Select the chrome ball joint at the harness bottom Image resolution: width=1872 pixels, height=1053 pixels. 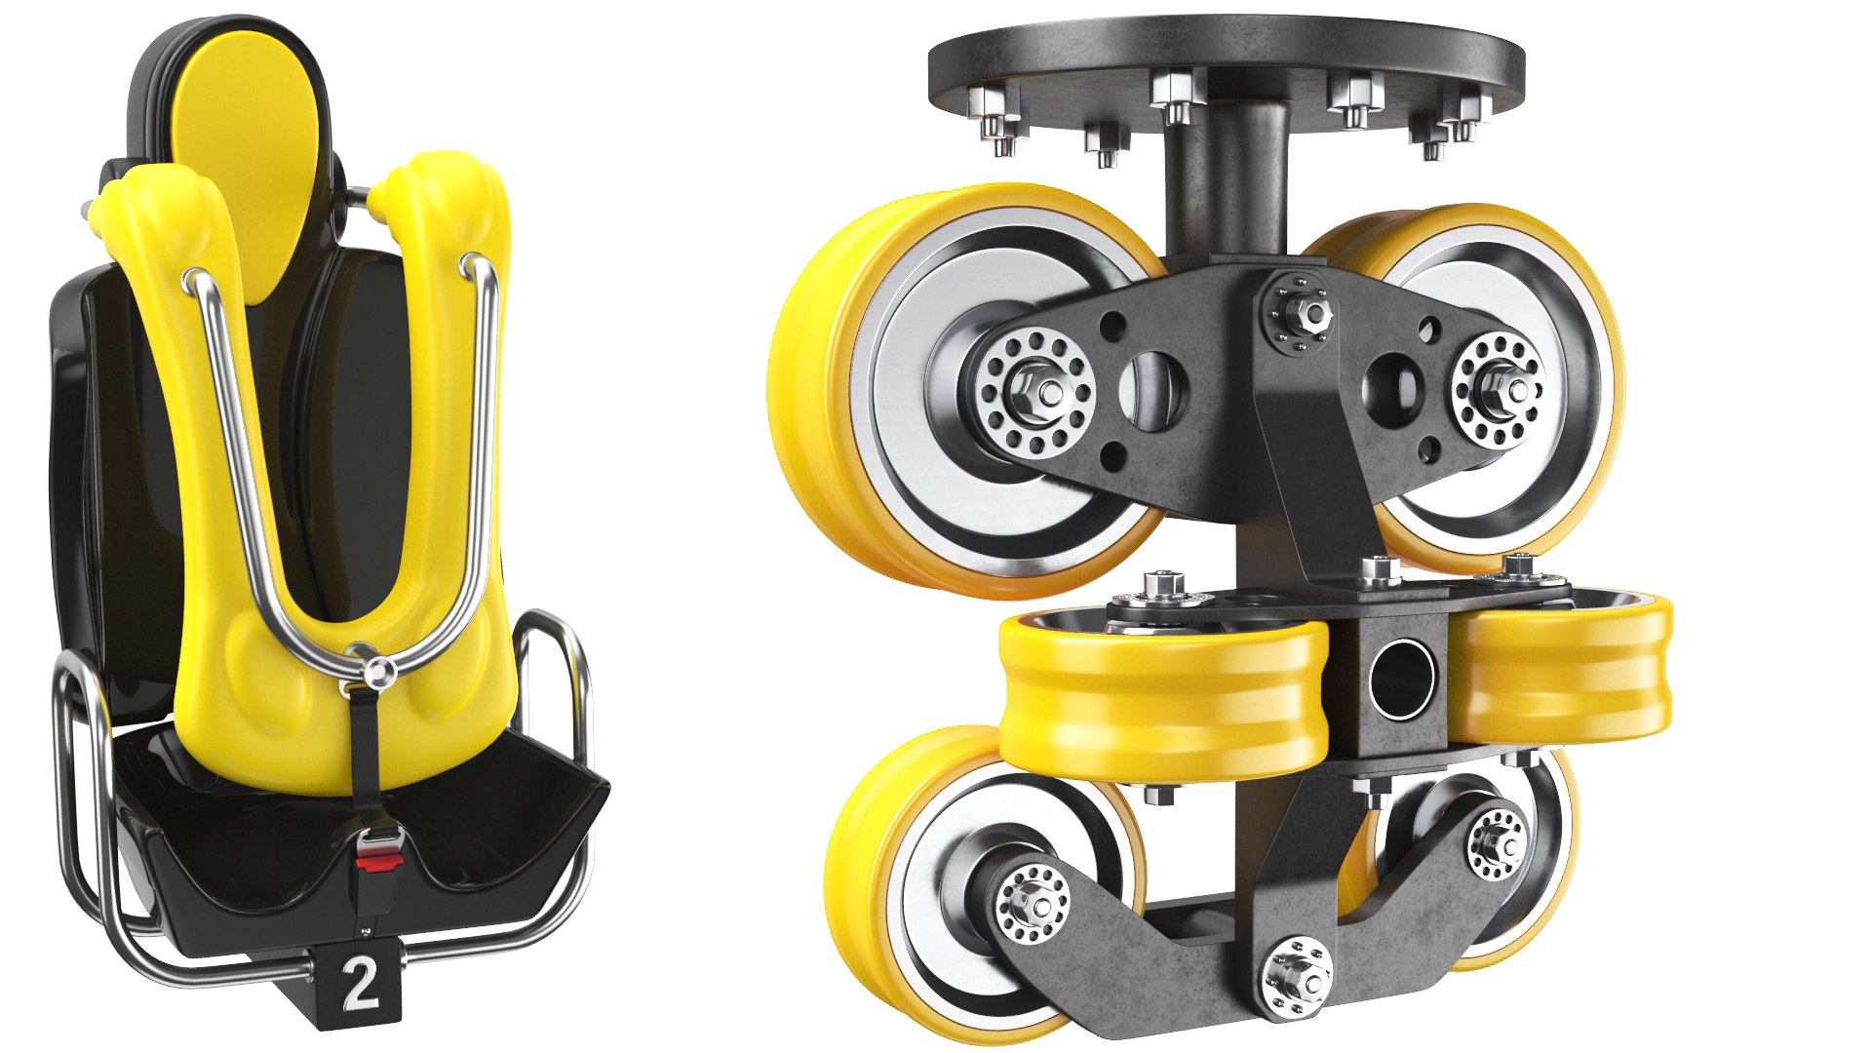[x=378, y=670]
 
